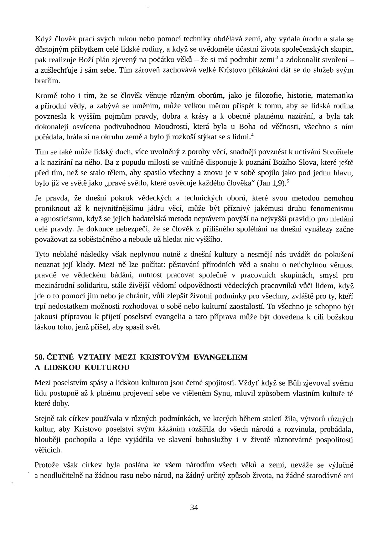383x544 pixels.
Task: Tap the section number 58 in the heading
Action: [39, 357]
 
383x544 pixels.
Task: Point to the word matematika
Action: [334, 96]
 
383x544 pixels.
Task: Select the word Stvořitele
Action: [337, 152]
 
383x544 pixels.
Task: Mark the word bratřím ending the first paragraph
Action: [47, 81]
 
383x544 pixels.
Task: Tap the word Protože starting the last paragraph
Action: [47, 465]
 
